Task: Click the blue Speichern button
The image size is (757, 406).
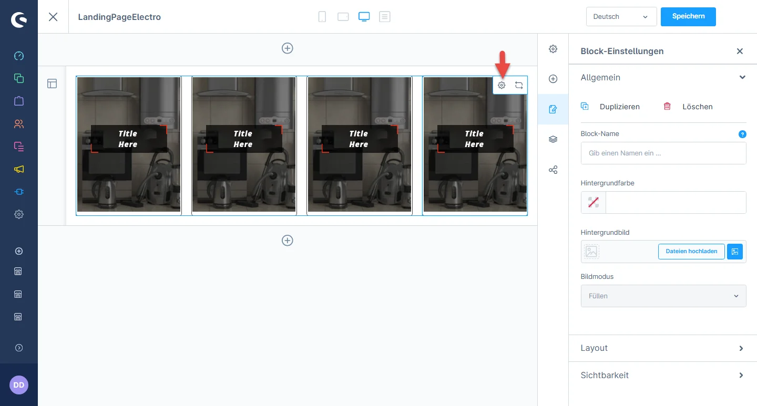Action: tap(688, 17)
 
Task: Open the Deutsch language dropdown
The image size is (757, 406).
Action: tap(621, 17)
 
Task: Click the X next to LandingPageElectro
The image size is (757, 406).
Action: tap(53, 17)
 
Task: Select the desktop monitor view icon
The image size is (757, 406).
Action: tap(364, 17)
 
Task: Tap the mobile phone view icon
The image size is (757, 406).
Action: tap(322, 17)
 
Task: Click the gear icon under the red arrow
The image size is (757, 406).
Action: tap(502, 85)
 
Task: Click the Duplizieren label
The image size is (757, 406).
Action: tap(619, 107)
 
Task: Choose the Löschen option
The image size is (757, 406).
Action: tap(697, 107)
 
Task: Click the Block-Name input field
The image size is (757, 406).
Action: tap(663, 153)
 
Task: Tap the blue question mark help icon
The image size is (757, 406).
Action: tap(742, 134)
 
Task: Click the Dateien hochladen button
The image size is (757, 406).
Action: tap(691, 251)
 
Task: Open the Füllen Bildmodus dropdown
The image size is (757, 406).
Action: tap(663, 296)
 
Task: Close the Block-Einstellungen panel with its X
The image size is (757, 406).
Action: tap(740, 51)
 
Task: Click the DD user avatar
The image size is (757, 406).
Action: tap(19, 385)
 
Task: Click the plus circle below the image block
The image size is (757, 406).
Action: tap(287, 241)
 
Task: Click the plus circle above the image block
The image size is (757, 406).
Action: tap(287, 48)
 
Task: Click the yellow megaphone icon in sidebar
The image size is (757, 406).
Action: tap(19, 169)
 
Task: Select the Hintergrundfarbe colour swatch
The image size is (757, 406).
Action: tap(593, 202)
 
